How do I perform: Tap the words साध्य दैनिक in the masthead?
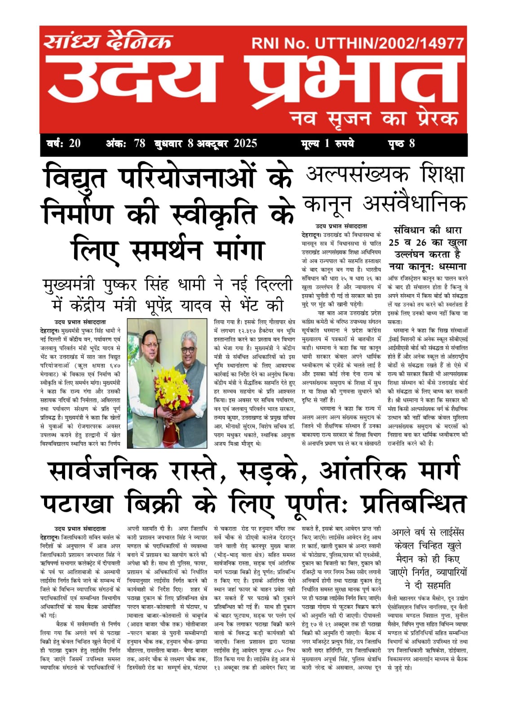coord(108,42)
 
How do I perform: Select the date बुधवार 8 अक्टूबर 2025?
coord(206,144)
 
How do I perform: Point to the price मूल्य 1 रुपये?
coord(327,144)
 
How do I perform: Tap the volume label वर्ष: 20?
coord(63,144)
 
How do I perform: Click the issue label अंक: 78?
coord(125,144)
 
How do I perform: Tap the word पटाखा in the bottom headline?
coord(77,504)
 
